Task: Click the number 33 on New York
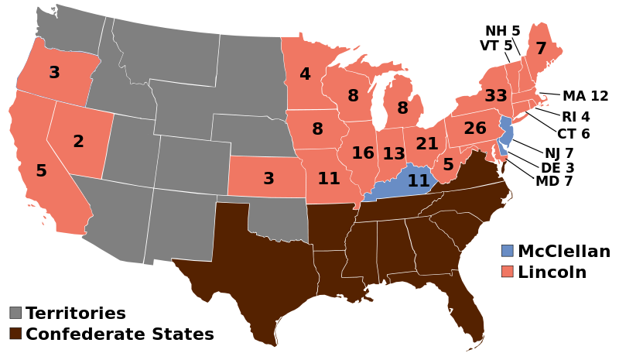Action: click(x=496, y=96)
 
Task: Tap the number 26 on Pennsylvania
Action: click(x=475, y=129)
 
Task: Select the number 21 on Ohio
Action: click(x=427, y=144)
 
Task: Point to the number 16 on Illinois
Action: click(x=363, y=153)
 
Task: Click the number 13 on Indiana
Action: click(x=394, y=154)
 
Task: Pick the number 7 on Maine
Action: click(x=541, y=49)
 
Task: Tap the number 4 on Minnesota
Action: click(x=305, y=74)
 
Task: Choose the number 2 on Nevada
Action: click(x=78, y=142)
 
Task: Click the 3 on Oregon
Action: click(x=54, y=73)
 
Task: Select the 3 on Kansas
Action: click(x=268, y=179)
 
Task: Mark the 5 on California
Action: click(x=41, y=171)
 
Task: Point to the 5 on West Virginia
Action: click(x=448, y=165)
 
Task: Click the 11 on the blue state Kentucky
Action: click(x=419, y=181)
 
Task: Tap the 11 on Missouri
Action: click(x=329, y=179)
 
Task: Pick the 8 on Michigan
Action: click(x=402, y=108)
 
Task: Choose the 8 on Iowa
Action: click(x=317, y=129)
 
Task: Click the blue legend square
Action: click(x=507, y=251)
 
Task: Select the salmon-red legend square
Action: click(x=507, y=271)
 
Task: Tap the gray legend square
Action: click(x=15, y=313)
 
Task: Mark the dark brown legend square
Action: click(x=15, y=333)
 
